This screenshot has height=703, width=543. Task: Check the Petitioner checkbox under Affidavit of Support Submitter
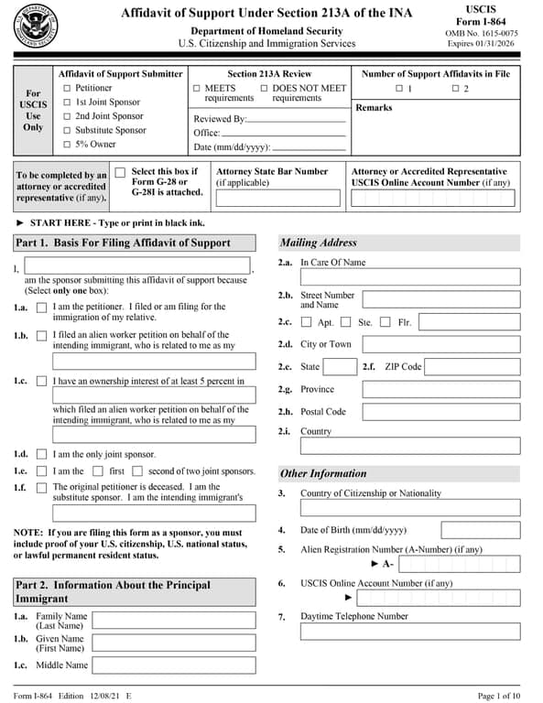point(67,89)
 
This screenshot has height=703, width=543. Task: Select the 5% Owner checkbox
point(67,145)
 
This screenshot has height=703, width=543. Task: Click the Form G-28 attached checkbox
point(120,172)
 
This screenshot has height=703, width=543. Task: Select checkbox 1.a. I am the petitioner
point(41,308)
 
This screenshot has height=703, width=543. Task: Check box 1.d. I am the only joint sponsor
point(41,454)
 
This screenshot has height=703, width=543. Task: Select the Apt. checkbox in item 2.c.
point(307,322)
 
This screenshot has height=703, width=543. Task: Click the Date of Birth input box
point(480,530)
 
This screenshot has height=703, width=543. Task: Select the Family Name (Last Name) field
point(174,621)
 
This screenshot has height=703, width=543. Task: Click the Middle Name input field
point(174,665)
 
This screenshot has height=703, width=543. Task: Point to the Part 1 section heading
point(123,243)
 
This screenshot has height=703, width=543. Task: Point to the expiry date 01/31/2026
point(496,44)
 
